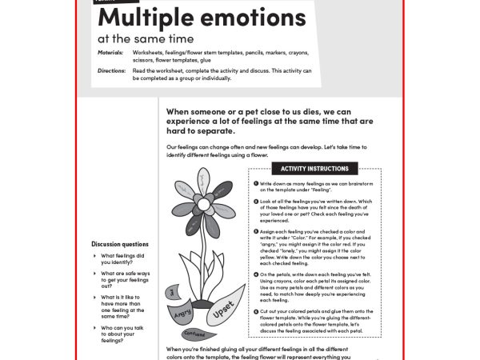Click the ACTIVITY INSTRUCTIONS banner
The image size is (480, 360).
pyautogui.click(x=314, y=169)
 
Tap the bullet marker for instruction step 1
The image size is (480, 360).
pyautogui.click(x=254, y=184)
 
